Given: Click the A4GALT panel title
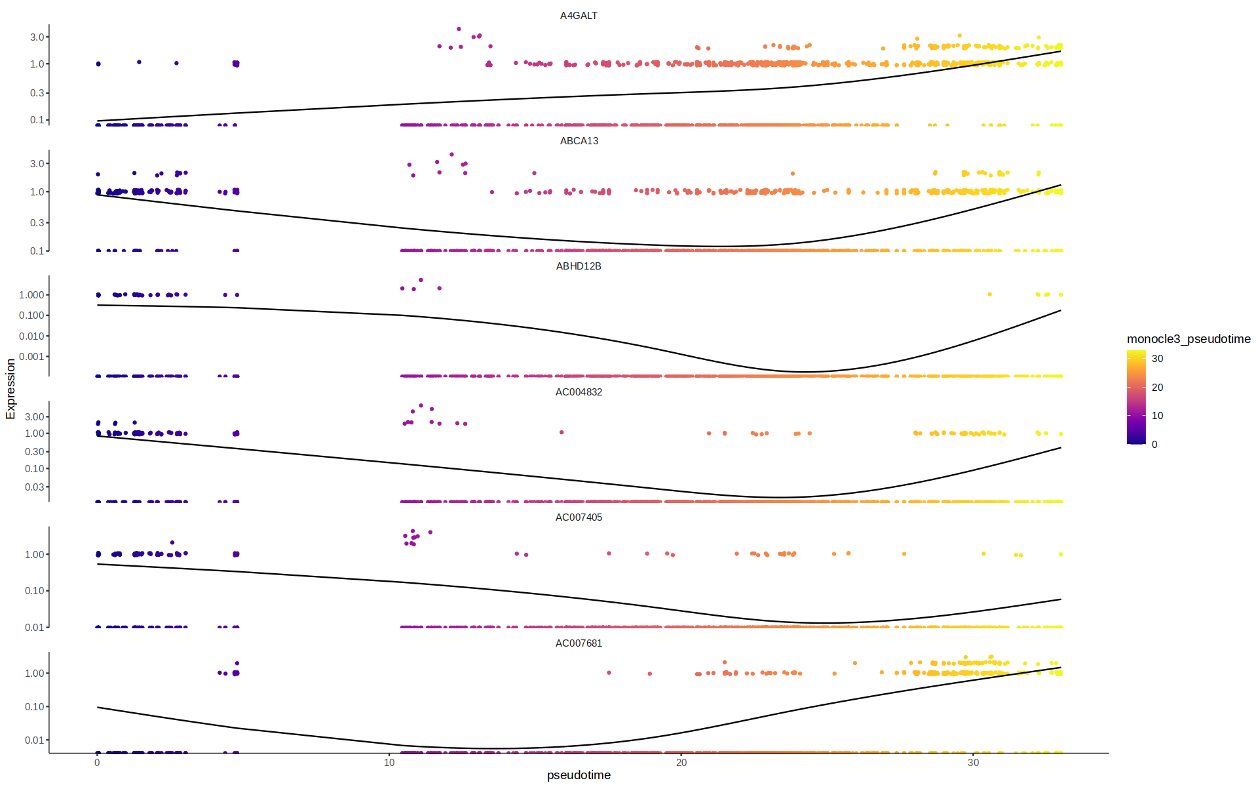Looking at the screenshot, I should coord(579,16).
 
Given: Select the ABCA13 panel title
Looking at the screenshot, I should coord(579,141).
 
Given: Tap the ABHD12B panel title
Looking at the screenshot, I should coord(579,266).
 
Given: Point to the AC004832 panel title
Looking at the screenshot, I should coord(579,392).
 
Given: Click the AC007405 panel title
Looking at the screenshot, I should coord(579,517).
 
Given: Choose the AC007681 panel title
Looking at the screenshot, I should coord(579,643).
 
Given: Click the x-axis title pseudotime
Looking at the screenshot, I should coord(579,775).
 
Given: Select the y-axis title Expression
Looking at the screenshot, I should coord(10,388).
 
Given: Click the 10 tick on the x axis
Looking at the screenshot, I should coord(389,762).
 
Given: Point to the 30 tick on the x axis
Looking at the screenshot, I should coord(974,762).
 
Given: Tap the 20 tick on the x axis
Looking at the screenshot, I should coord(681,762).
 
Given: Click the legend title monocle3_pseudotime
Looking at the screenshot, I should coord(1189,339).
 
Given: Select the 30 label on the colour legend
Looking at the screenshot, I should coord(1158,359).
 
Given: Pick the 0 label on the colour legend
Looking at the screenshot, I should coord(1154,445).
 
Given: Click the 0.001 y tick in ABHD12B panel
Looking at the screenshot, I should coord(31,357).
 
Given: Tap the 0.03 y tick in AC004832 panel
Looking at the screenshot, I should coord(34,487).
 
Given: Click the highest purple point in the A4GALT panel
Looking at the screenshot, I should coord(459,29).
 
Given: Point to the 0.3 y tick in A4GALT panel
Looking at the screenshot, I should coord(37,93).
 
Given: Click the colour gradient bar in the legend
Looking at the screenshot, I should coord(1136,397).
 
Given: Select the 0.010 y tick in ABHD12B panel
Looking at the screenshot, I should coord(31,336).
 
